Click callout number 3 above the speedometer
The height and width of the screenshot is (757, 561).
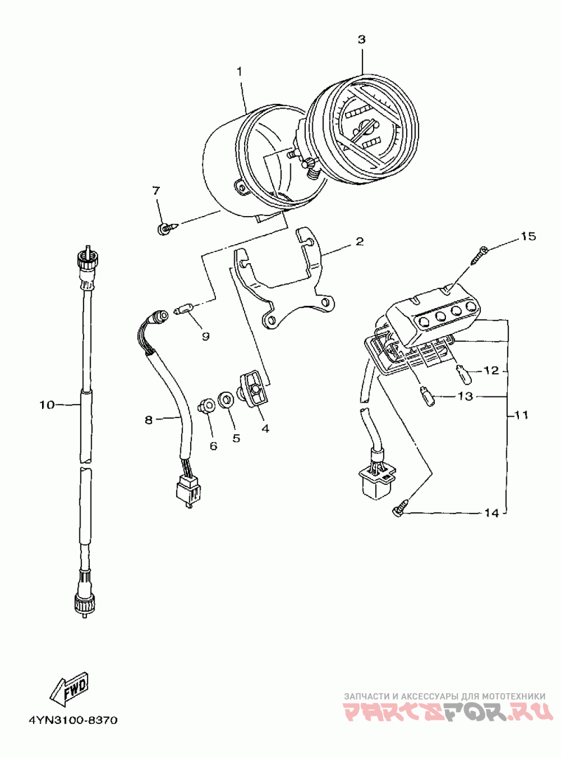[361, 39]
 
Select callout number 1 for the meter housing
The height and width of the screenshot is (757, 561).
[240, 71]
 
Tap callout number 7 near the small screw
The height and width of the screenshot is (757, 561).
[156, 191]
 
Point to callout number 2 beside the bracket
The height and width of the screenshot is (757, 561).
[359, 241]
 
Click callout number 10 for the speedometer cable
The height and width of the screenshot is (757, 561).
[47, 405]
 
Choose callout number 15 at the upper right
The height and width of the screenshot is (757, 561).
[528, 236]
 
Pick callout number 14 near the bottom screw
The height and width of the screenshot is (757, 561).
[491, 513]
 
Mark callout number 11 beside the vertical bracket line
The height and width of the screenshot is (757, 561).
[521, 415]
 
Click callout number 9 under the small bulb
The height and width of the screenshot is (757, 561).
[206, 336]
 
